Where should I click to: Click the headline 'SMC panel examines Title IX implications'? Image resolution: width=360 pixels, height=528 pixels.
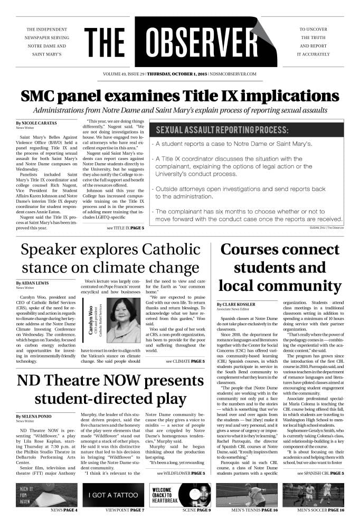tap(179, 97)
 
